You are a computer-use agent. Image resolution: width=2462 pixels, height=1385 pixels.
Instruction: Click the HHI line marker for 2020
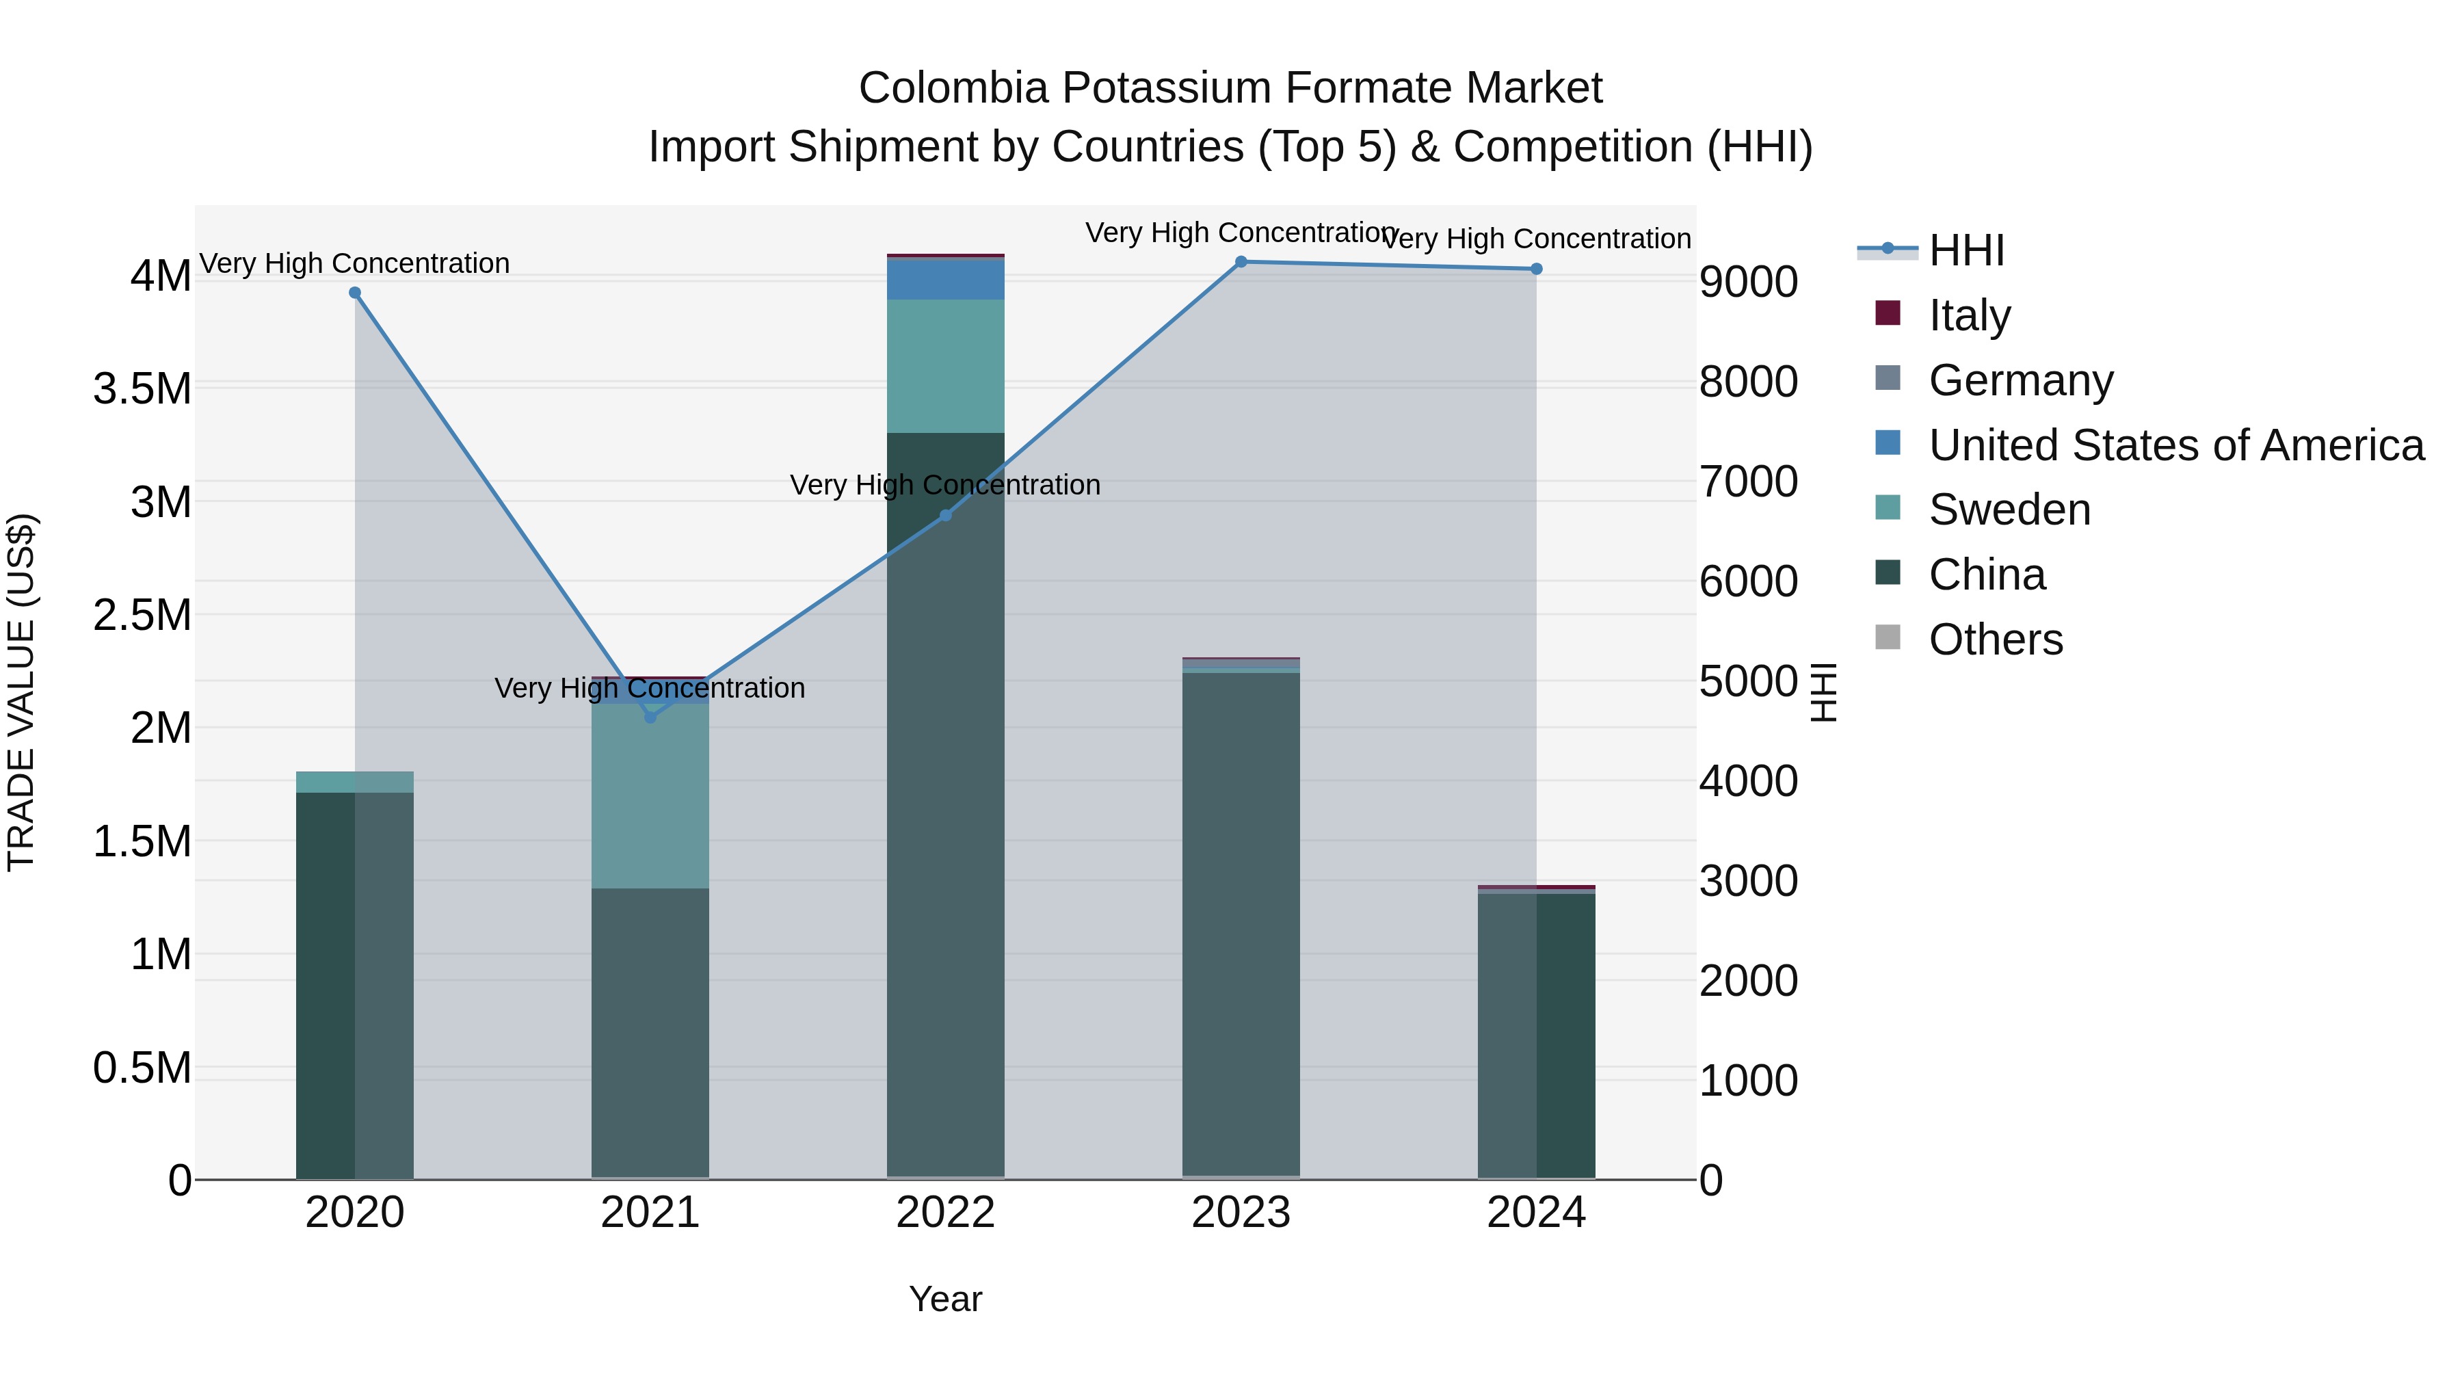pos(354,293)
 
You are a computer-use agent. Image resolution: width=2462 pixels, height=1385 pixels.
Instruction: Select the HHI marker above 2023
pos(1241,262)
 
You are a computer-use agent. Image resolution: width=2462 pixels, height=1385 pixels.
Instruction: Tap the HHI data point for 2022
pos(945,515)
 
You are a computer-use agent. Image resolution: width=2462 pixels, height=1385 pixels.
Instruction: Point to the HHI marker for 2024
pos(1536,269)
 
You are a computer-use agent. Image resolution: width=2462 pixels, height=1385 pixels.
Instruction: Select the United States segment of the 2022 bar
pos(945,279)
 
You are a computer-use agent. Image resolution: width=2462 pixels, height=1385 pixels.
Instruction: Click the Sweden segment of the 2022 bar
pos(945,366)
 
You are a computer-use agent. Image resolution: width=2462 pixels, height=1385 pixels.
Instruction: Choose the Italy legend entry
pos(1969,315)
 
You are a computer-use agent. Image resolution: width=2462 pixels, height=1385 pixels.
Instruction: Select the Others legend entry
pos(1995,639)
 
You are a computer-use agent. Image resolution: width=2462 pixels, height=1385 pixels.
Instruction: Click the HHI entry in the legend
pos(1966,250)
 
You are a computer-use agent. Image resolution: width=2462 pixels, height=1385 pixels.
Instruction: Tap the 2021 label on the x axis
pos(650,1213)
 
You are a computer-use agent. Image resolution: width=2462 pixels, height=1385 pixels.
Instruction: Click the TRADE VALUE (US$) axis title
pos(22,692)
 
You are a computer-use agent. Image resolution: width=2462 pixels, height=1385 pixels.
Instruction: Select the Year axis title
pos(945,1299)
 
